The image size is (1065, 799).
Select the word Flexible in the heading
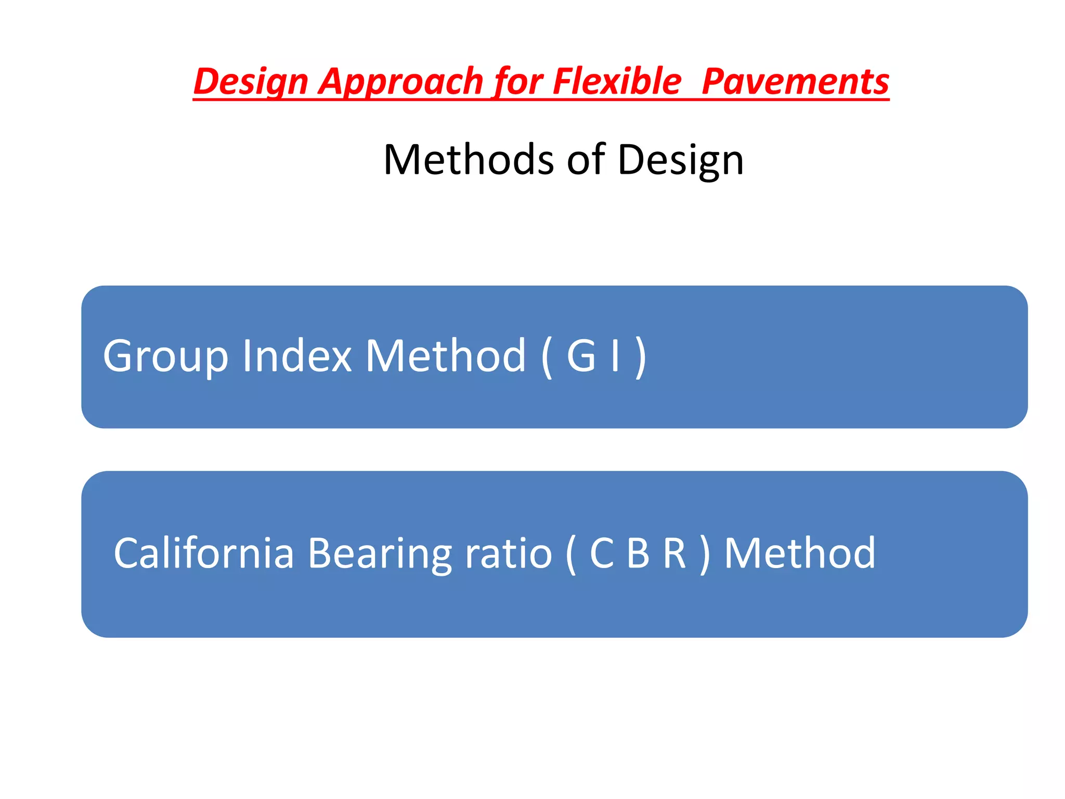coord(617,82)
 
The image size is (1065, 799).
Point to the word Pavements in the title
coord(795,82)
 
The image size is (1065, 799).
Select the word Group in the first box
coord(165,356)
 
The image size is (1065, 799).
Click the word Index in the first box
coord(297,356)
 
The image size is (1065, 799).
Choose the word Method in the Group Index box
coord(446,356)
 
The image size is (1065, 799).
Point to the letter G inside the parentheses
coord(581,356)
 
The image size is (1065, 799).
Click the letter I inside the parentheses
coord(616,356)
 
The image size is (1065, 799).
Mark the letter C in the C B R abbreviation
coord(602,553)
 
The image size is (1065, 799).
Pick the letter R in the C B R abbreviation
coord(674,553)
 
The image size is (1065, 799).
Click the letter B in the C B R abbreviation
coord(638,553)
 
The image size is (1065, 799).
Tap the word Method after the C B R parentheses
coord(800,553)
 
